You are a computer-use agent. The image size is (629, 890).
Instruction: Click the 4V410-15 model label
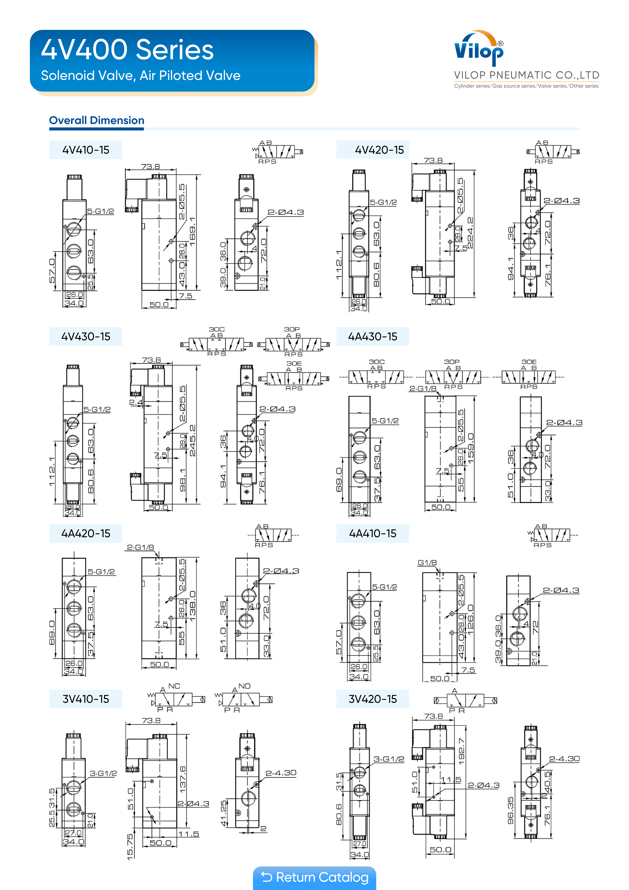[86, 150]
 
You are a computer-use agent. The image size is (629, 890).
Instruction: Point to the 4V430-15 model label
[86, 336]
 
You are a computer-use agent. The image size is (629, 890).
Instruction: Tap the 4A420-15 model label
[86, 533]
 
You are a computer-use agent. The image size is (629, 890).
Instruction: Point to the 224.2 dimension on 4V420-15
[470, 233]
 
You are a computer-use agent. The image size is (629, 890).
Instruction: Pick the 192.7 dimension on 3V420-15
[461, 751]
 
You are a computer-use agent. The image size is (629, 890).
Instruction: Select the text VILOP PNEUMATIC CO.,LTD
[526, 75]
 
